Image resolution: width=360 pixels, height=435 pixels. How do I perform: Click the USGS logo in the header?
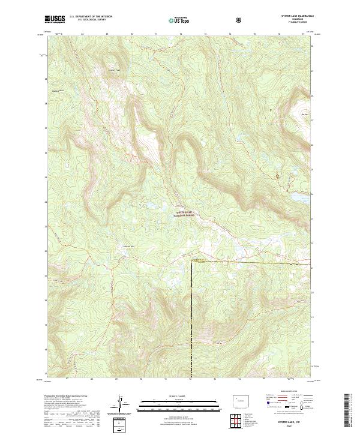(x=55, y=19)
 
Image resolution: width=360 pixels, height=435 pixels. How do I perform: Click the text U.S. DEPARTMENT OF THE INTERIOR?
(x=90, y=17)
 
